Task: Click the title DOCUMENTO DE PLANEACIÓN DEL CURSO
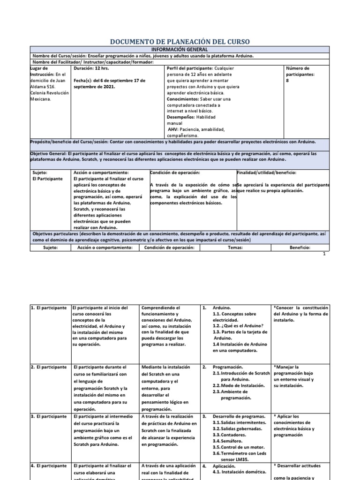[180, 42]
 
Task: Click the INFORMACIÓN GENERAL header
[180, 49]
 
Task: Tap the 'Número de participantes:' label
[300, 71]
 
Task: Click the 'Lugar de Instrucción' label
[42, 71]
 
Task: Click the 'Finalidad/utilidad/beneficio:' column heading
[266, 172]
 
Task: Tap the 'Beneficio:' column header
[300, 248]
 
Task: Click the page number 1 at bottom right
[323, 254]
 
